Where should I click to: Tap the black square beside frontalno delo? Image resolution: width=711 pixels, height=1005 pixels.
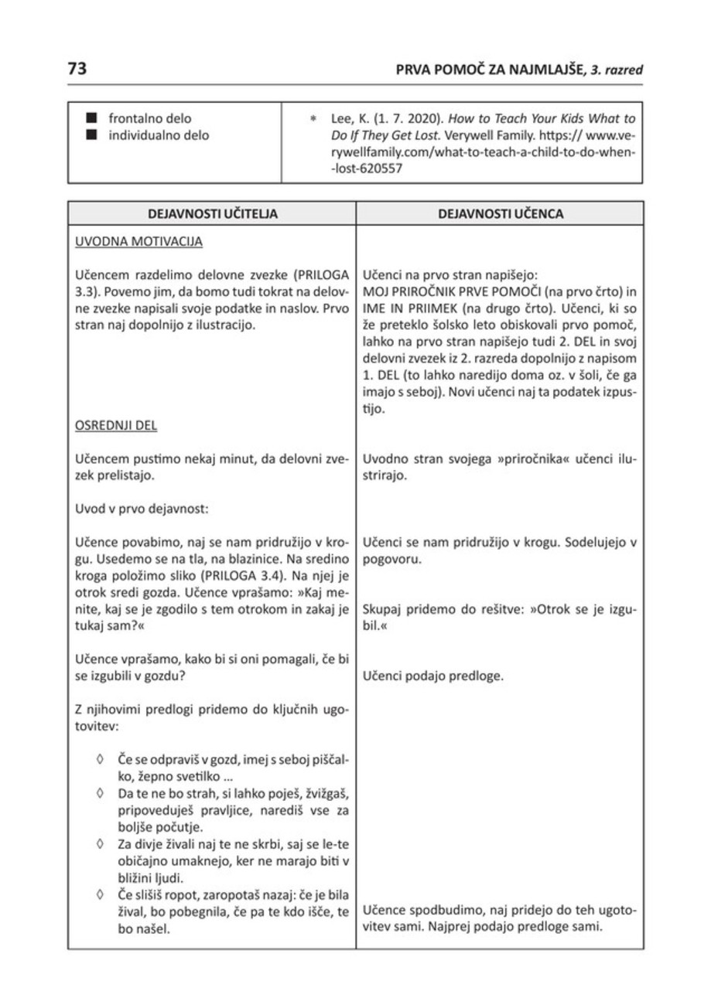(x=92, y=119)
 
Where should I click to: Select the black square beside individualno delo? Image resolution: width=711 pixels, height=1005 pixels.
(x=92, y=135)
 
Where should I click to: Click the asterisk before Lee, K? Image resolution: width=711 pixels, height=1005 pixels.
(x=313, y=120)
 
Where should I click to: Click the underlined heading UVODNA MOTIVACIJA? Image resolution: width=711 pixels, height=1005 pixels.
(x=138, y=242)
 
